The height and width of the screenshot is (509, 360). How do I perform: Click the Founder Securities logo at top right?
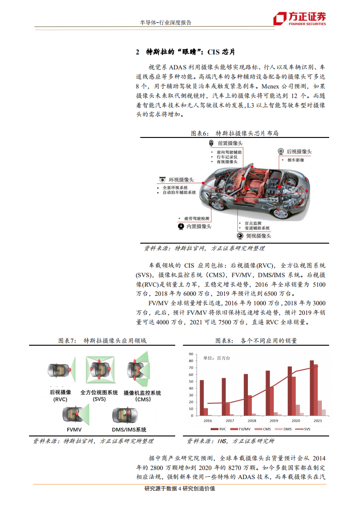tap(299, 18)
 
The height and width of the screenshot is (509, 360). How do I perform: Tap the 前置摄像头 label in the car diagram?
tap(230, 143)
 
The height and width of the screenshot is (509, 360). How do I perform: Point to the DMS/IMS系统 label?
tap(129, 430)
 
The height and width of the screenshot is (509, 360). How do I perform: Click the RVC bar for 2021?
tap(311, 388)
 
